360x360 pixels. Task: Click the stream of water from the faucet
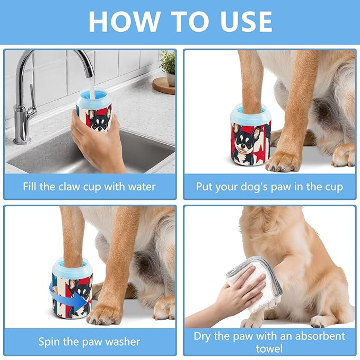90,87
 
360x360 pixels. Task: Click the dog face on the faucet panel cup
100,119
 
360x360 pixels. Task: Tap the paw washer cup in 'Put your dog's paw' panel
250,135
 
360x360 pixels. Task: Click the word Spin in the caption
49,341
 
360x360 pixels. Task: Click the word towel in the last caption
270,349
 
